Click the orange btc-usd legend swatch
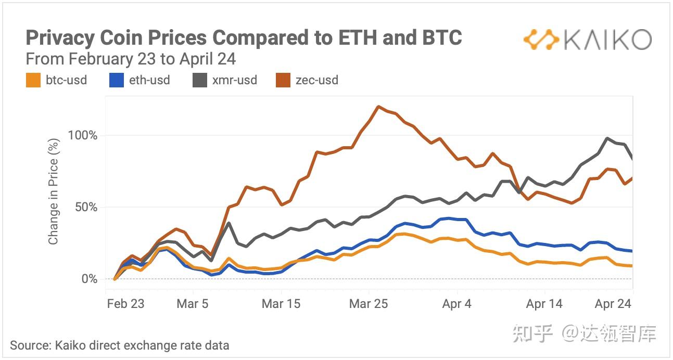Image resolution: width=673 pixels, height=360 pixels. (33, 80)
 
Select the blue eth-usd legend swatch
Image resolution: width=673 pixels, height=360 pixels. (117, 80)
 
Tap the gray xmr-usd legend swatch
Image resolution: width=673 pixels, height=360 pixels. (200, 80)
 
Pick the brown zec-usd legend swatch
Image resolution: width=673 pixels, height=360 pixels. (283, 80)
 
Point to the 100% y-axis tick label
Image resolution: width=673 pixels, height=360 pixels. (82, 135)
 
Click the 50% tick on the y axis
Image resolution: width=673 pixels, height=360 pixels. (86, 207)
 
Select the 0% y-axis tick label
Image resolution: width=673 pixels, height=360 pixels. (89, 279)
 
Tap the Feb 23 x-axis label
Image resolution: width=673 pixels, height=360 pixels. (125, 304)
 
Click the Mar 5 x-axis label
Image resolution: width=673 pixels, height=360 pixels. (192, 304)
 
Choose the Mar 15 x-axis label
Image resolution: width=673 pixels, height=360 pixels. (281, 304)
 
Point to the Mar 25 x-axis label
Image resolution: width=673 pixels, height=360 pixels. (369, 304)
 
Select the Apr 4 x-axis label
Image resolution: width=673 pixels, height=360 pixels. (456, 304)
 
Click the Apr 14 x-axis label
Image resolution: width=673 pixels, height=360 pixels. (544, 304)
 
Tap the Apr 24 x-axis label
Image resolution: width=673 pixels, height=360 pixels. (613, 304)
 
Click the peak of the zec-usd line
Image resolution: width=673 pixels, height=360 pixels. (378, 107)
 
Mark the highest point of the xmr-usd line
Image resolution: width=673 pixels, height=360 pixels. (607, 138)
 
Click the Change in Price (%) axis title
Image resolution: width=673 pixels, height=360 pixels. (53, 191)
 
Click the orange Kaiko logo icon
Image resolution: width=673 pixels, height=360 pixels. (541, 40)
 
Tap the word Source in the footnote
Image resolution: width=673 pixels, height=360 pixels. (30, 345)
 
